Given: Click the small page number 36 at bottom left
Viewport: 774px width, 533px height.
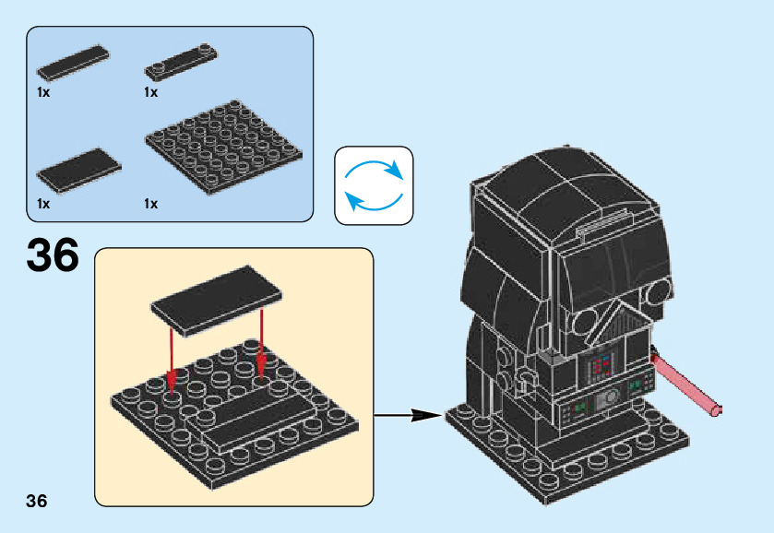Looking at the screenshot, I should tap(37, 501).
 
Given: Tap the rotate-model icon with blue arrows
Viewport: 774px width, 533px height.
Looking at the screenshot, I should tap(374, 185).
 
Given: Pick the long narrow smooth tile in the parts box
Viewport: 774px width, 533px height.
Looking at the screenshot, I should tap(73, 63).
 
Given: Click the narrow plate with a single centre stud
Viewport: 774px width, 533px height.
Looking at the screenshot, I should tap(183, 61).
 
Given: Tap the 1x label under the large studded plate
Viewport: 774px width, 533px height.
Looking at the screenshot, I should tap(151, 204).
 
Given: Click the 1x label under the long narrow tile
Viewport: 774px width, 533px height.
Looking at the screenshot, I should tap(43, 92).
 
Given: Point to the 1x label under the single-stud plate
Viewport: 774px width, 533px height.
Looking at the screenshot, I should tap(151, 92).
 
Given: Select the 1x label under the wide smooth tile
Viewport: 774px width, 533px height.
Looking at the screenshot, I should tap(43, 204).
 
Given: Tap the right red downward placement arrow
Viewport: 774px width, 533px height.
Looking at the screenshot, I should tap(262, 346).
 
